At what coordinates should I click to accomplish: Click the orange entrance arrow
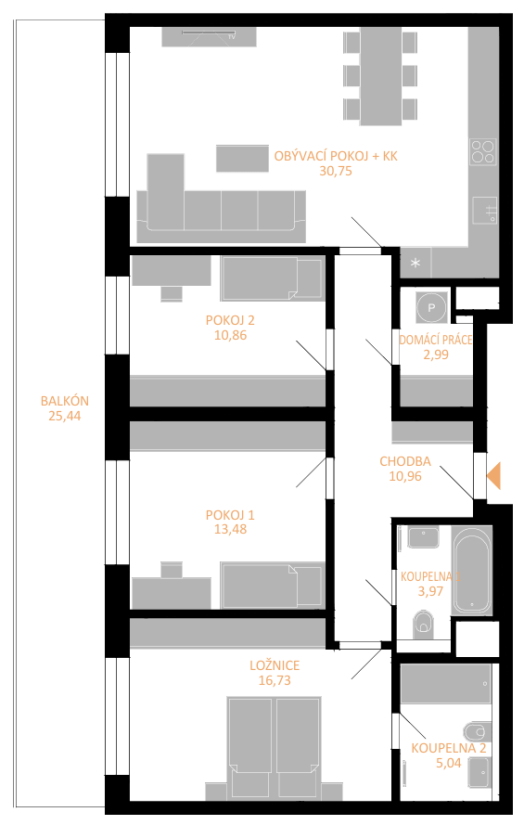[x=494, y=476]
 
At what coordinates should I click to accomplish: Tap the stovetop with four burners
[x=482, y=151]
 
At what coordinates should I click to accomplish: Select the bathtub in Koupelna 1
[x=472, y=571]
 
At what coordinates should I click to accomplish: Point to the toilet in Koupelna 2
[x=478, y=731]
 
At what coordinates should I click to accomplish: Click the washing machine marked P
[x=431, y=307]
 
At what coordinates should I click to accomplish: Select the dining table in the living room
[x=380, y=76]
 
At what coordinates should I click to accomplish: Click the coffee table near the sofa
[x=242, y=159]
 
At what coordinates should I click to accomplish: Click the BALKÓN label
[x=65, y=401]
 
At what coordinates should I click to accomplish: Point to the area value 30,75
[x=336, y=171]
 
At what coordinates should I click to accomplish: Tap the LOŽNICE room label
[x=275, y=665]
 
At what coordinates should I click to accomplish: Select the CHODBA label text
[x=405, y=461]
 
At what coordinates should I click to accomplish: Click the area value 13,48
[x=230, y=529]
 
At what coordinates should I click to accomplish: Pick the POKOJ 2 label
[x=230, y=320]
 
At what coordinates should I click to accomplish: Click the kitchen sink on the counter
[x=484, y=211]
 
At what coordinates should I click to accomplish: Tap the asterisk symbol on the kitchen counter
[x=415, y=263]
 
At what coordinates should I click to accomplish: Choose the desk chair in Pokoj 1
[x=172, y=571]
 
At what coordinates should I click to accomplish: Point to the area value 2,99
[x=436, y=354]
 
